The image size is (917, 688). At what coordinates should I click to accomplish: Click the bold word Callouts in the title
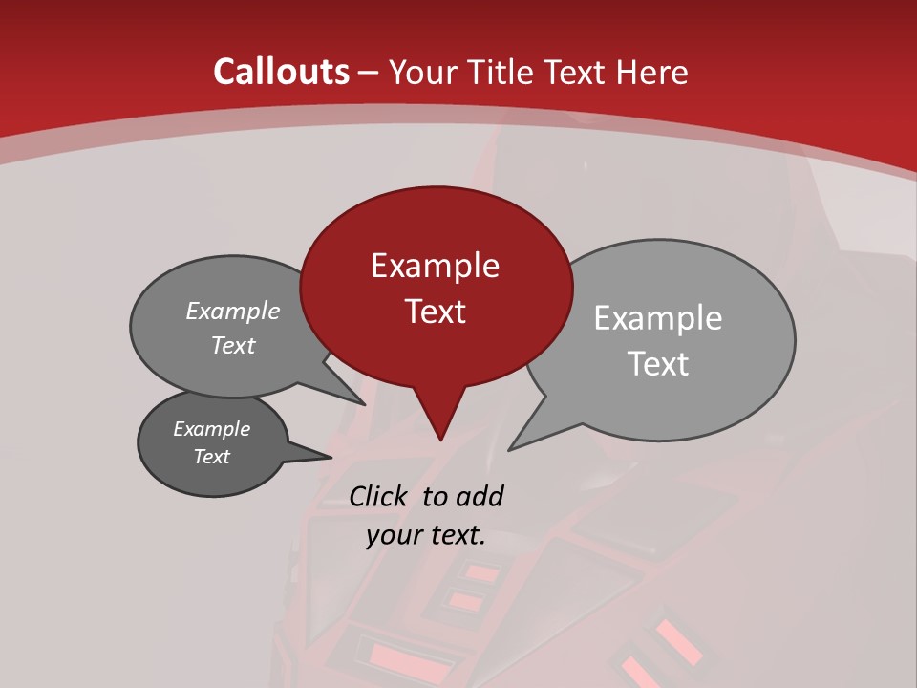pyautogui.click(x=281, y=72)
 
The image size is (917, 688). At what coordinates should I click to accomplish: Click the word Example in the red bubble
pyautogui.click(x=435, y=266)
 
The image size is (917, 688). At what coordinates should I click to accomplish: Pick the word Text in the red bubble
pyautogui.click(x=435, y=312)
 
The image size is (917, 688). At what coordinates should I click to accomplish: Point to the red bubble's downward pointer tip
pyautogui.click(x=440, y=440)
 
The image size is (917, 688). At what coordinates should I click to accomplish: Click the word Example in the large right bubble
pyautogui.click(x=658, y=318)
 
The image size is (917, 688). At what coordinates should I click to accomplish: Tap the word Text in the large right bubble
pyautogui.click(x=658, y=364)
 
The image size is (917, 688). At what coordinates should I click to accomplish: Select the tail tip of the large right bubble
pyautogui.click(x=509, y=449)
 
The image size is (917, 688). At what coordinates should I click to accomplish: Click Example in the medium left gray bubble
pyautogui.click(x=233, y=311)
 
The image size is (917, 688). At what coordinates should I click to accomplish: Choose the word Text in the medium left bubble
pyautogui.click(x=233, y=345)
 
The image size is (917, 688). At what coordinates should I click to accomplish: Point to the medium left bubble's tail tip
pyautogui.click(x=365, y=404)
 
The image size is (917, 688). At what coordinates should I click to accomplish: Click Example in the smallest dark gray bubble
pyautogui.click(x=211, y=429)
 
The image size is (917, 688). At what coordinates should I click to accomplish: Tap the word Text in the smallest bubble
pyautogui.click(x=211, y=457)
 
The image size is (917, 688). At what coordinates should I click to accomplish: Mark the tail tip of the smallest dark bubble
pyautogui.click(x=331, y=457)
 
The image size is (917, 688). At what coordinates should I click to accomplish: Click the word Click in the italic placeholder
pyautogui.click(x=380, y=496)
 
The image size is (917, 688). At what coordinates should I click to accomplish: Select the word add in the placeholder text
pyautogui.click(x=479, y=496)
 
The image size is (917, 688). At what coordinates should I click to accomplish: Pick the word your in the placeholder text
pyautogui.click(x=394, y=535)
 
